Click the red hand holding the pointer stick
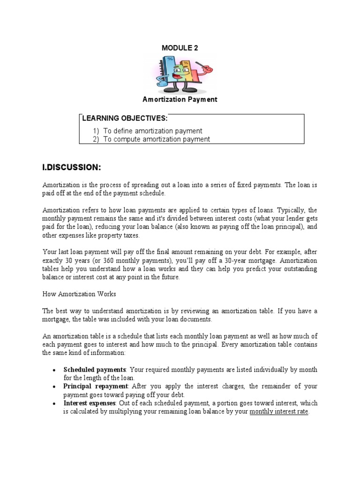click(206, 68)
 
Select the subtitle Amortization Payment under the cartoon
click(180, 99)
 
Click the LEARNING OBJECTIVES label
click(125, 118)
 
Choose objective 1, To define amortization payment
click(153, 131)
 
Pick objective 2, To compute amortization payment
click(157, 139)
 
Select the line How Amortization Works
click(79, 294)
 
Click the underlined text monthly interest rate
click(279, 412)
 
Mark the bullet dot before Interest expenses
click(55, 404)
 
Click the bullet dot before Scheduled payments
click(55, 370)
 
